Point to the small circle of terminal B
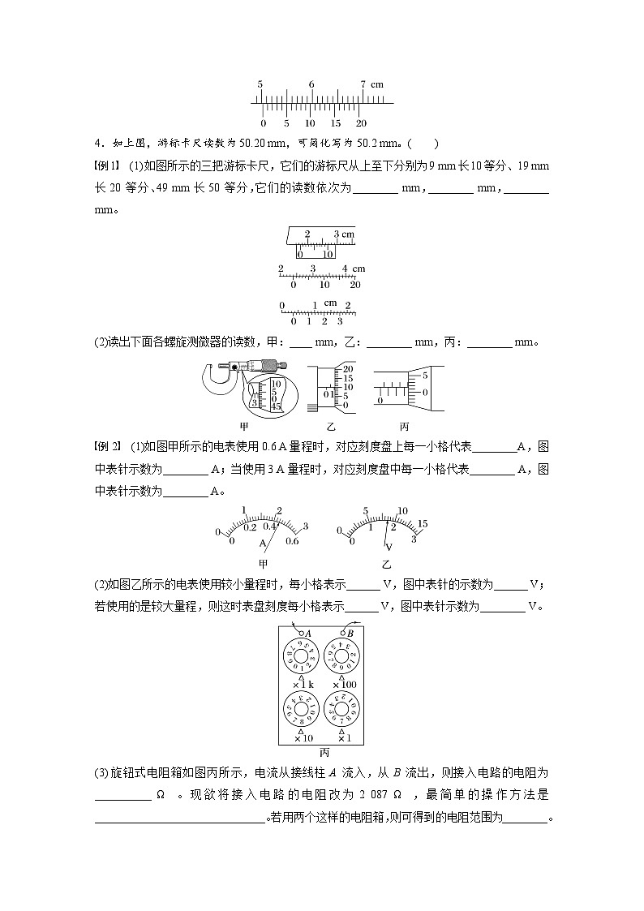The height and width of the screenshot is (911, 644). tap(342, 634)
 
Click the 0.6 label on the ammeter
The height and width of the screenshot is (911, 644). tap(292, 541)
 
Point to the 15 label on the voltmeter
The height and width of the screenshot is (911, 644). tap(423, 523)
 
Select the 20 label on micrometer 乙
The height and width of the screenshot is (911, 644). tap(348, 368)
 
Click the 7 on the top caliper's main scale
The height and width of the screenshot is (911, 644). tap(363, 84)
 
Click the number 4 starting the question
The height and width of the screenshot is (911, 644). tap(97, 144)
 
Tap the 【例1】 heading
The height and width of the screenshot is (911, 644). tap(107, 166)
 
